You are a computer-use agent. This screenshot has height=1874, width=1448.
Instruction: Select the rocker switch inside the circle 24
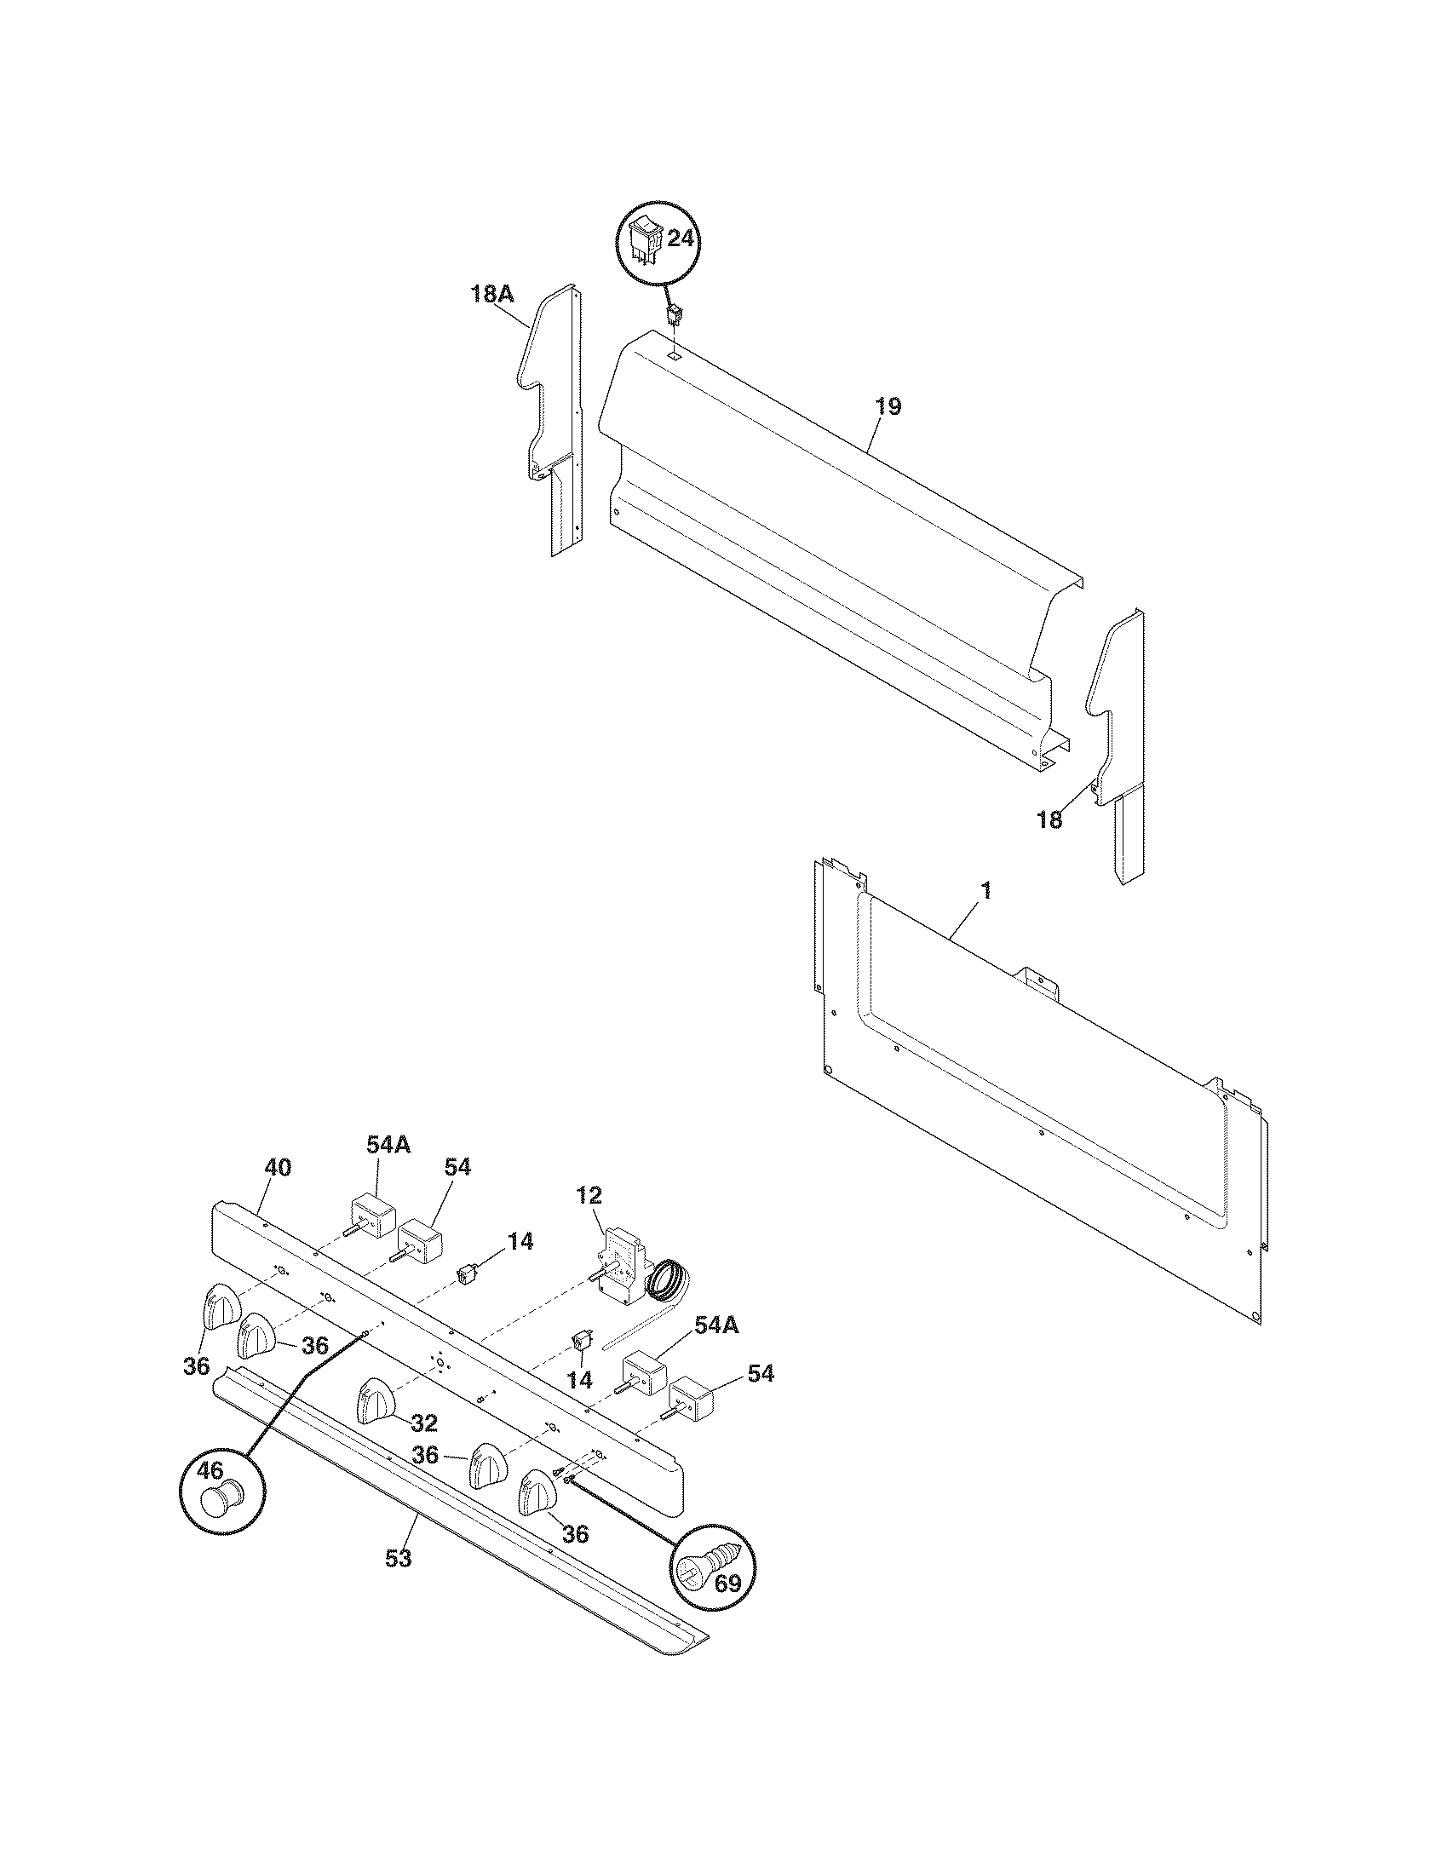tap(646, 239)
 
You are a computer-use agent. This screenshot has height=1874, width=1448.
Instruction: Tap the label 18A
tap(491, 296)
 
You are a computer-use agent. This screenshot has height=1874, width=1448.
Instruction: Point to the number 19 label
tap(888, 406)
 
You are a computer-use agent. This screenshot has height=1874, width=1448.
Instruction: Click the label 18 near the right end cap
tap(1049, 820)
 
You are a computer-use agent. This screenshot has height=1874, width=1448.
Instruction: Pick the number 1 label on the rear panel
tap(985, 891)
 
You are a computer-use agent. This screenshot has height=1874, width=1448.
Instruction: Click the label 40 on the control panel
tap(277, 1167)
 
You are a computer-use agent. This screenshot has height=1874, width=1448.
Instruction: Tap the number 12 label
tap(589, 1195)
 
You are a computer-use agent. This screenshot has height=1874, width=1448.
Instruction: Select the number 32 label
tap(424, 1423)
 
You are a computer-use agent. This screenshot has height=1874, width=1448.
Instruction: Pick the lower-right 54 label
tap(759, 1374)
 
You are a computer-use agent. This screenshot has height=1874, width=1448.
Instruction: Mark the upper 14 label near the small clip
tap(519, 1241)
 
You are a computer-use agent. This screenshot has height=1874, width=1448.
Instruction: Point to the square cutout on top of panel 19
tap(675, 353)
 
